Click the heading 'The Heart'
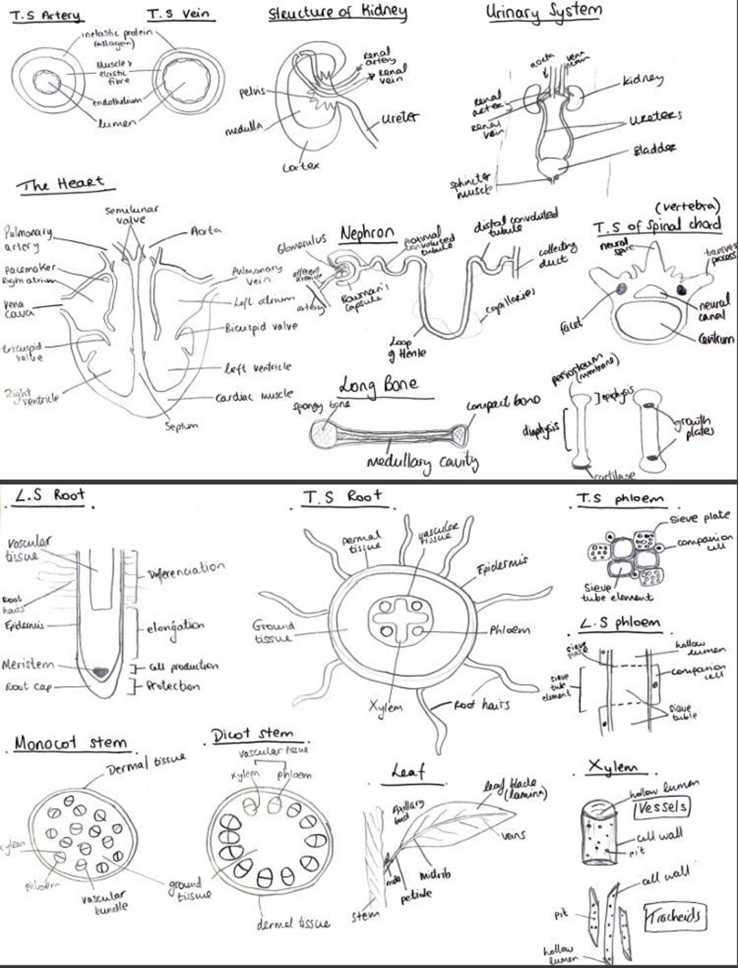(x=64, y=184)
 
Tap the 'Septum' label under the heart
(x=181, y=426)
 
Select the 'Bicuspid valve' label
(x=261, y=327)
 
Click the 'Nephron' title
(x=368, y=234)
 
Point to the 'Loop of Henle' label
(x=407, y=347)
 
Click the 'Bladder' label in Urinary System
(x=654, y=148)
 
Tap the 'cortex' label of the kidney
(x=301, y=166)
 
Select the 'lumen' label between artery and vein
(x=116, y=123)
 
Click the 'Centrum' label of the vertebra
(x=715, y=338)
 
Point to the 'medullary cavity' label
(x=422, y=463)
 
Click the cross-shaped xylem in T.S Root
(x=401, y=620)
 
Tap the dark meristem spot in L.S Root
(x=100, y=672)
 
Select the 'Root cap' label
(x=28, y=686)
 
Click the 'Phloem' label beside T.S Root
(x=509, y=630)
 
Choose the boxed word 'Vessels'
(x=661, y=807)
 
